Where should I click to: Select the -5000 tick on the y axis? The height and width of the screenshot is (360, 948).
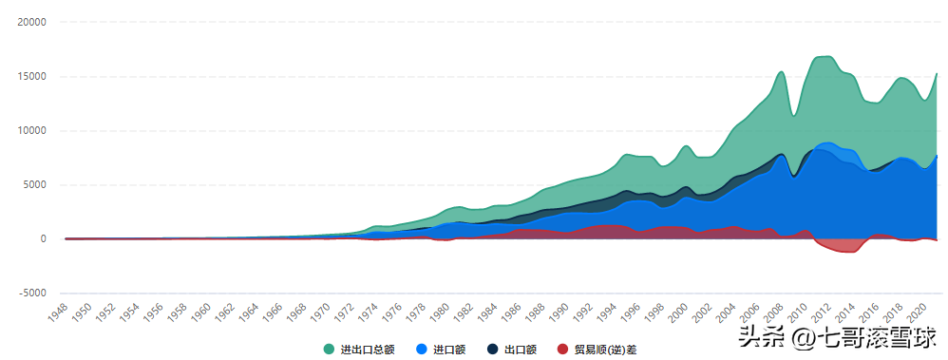click(33, 294)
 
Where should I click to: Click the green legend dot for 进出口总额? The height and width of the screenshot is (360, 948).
click(329, 350)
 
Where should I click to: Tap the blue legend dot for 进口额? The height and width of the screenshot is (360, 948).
click(422, 350)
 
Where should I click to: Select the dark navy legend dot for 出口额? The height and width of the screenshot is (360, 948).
click(493, 350)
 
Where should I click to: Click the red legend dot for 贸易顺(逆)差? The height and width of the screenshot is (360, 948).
click(563, 350)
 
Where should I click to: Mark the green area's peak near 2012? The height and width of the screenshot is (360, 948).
click(826, 56)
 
